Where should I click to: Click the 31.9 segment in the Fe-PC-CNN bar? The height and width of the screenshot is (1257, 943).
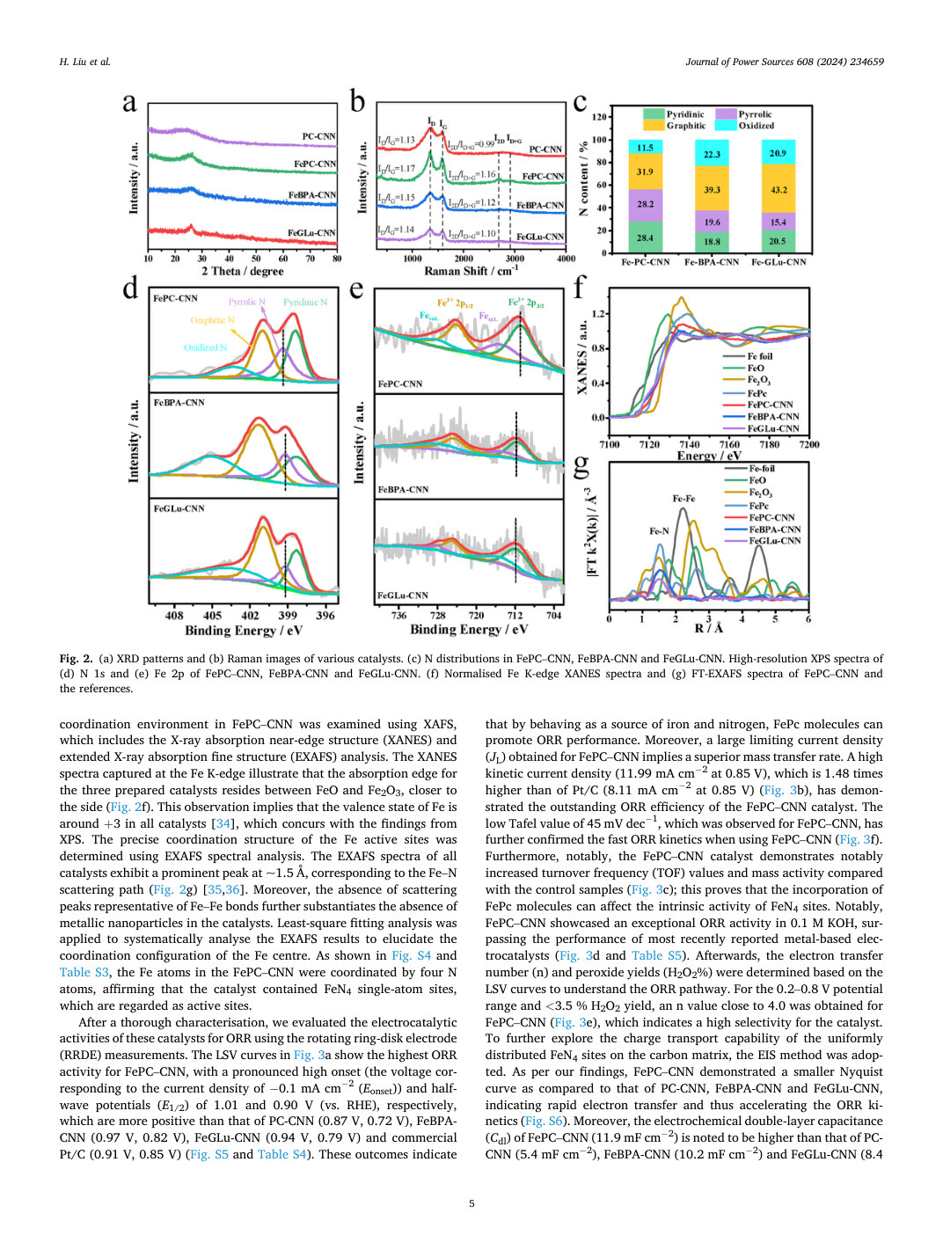[x=645, y=172]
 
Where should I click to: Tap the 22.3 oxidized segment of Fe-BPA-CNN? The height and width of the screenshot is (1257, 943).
[x=712, y=152]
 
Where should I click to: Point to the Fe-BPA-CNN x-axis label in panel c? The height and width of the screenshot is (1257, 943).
[x=712, y=262]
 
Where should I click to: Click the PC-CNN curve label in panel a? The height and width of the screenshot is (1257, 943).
[x=319, y=136]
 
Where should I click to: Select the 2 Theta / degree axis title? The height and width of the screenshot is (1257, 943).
[x=243, y=271]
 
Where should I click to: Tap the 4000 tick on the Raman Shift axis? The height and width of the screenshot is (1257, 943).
[x=566, y=259]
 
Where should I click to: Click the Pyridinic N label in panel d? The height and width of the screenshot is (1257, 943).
[x=306, y=302]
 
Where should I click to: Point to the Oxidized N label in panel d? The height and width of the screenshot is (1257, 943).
[x=206, y=347]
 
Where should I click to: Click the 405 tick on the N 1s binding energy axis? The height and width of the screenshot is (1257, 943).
[x=212, y=615]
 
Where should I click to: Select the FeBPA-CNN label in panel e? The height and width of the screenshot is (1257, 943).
[x=403, y=490]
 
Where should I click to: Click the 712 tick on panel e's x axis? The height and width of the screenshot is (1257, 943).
[x=515, y=615]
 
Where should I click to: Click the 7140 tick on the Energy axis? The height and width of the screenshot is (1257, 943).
[x=690, y=444]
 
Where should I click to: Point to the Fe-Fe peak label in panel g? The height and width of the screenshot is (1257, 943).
[x=683, y=499]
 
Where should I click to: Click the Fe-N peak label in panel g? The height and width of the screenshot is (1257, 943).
[x=659, y=531]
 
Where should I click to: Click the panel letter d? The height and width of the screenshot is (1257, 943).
[x=130, y=288]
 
